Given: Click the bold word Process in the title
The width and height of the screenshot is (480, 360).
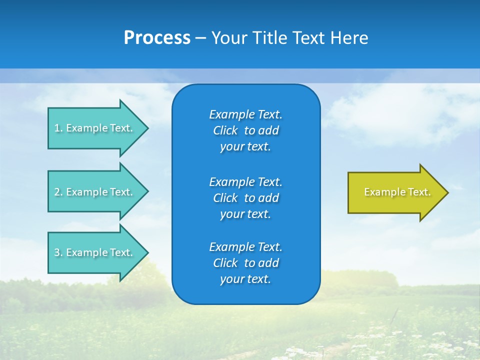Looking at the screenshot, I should point(157,38).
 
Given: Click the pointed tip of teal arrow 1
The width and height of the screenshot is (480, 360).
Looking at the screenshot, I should point(147,128).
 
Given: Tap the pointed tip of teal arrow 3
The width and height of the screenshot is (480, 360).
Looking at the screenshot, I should point(147,252).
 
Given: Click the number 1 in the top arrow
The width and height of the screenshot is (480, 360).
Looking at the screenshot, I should point(57,128).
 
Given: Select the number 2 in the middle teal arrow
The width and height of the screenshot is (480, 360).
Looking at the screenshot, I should point(57,192).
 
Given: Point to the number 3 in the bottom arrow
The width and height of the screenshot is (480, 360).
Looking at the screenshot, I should point(57,252).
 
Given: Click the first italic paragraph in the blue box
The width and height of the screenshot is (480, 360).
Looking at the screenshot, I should point(245,130).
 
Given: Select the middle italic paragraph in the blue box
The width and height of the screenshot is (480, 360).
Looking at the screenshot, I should point(245,198).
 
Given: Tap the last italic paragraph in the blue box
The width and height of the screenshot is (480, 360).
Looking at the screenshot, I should point(245,263).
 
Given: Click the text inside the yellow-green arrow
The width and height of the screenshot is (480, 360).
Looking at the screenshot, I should point(397,192).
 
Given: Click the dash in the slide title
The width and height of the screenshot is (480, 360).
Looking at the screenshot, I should point(200,38).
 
